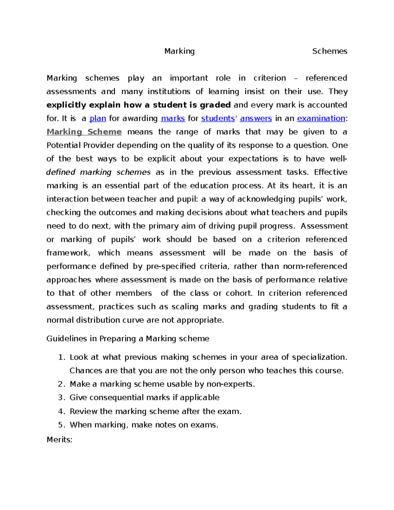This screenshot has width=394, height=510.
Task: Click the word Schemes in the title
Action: tap(330, 51)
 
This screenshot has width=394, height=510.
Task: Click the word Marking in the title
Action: tap(179, 51)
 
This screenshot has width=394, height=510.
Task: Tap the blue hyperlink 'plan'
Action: tap(98, 118)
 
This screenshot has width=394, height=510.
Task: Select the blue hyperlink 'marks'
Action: tap(173, 118)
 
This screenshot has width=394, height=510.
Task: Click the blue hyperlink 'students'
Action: tap(218, 118)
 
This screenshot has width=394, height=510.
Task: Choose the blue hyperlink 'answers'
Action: tap(256, 118)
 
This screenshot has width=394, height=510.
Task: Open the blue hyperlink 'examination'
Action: tap(321, 118)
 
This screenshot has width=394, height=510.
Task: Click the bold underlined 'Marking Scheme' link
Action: tap(84, 132)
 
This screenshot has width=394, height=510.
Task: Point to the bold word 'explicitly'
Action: tap(66, 105)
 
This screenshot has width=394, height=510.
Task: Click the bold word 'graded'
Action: tap(215, 105)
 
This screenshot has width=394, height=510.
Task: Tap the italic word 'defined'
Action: tap(61, 172)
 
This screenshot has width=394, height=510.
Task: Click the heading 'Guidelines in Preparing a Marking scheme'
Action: tap(128, 339)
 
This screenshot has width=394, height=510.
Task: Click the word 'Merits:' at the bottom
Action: tap(59, 439)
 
